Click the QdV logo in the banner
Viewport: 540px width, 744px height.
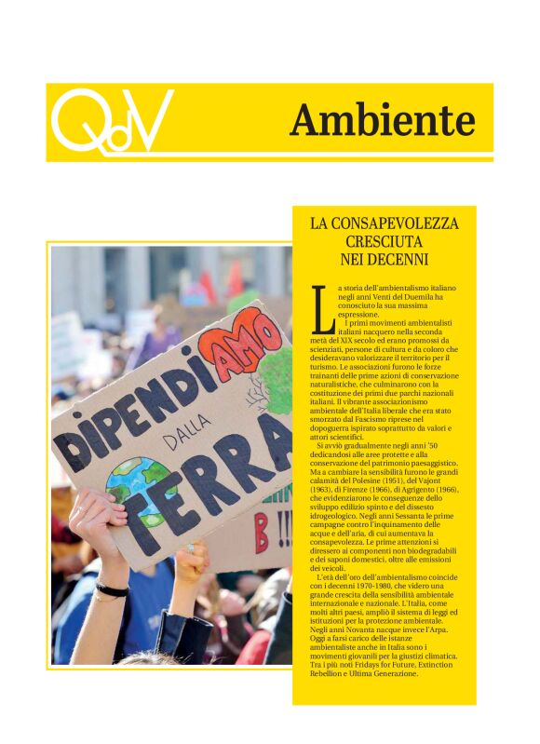point(112,121)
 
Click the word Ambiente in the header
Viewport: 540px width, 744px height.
point(382,120)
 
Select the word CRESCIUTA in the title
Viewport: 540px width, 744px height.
point(385,241)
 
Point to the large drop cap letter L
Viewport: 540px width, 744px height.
point(322,310)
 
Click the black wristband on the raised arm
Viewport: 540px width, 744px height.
point(112,589)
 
